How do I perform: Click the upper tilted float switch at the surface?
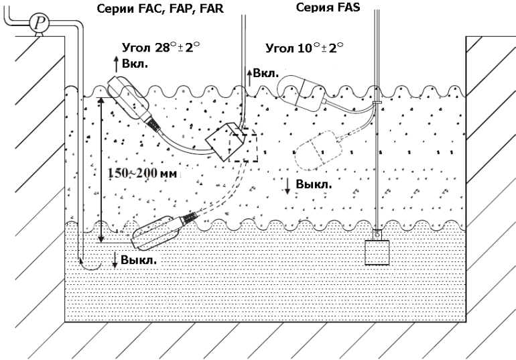(130, 99)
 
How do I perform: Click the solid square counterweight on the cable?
(222, 141)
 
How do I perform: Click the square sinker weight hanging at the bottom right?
(377, 251)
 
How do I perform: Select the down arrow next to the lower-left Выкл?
(115, 259)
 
